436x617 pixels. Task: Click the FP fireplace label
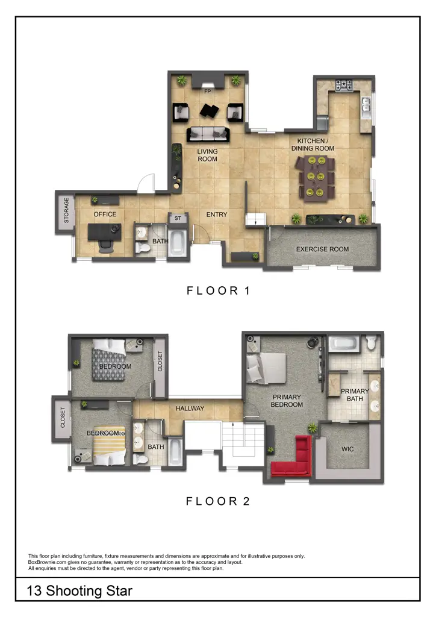coord(208,92)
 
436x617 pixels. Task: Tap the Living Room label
coord(208,155)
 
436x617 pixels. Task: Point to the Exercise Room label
coord(322,249)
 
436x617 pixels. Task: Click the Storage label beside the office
coord(67,210)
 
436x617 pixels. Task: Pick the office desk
coord(104,231)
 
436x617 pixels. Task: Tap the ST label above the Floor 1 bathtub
coord(178,219)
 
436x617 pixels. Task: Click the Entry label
coord(217,215)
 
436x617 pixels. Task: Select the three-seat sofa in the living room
coord(208,134)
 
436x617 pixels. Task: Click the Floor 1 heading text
coord(218,291)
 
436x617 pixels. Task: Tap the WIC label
coord(347,449)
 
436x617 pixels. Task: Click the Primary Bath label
coord(355,395)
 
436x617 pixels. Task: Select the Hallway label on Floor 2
coord(190,409)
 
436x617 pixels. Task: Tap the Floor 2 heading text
coord(218,501)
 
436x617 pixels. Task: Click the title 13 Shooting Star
coord(79,591)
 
